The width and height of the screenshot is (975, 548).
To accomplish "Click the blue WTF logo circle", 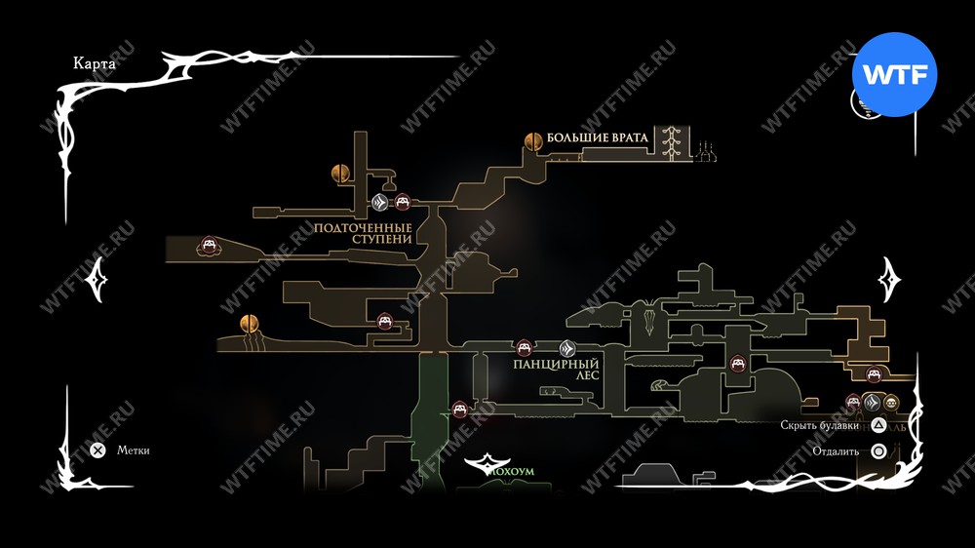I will click(894, 74).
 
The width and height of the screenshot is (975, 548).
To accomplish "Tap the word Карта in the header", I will click(95, 63).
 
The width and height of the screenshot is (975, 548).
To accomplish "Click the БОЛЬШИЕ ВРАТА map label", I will click(597, 137).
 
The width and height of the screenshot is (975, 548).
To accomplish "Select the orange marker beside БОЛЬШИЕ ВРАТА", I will click(533, 140).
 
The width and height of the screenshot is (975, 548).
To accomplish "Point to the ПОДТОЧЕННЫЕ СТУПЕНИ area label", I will click(364, 238).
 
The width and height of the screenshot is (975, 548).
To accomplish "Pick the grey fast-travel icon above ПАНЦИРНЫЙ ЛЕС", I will click(568, 348).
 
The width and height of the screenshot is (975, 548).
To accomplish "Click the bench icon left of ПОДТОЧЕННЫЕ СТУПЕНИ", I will click(209, 245).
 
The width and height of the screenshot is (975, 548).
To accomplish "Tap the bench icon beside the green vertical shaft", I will click(460, 409).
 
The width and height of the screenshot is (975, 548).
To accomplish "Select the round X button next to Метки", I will click(97, 450).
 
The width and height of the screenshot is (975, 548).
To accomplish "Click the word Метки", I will click(134, 450).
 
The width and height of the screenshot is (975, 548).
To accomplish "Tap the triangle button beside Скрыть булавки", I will click(877, 425).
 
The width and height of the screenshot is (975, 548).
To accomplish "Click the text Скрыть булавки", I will click(820, 425).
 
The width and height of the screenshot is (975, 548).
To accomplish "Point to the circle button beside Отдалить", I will click(877, 451).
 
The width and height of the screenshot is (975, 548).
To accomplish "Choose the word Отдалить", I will click(835, 451).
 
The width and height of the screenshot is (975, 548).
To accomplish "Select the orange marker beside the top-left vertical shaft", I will click(339, 174).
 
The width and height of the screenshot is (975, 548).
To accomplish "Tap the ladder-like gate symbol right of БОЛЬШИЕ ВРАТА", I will click(669, 142).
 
